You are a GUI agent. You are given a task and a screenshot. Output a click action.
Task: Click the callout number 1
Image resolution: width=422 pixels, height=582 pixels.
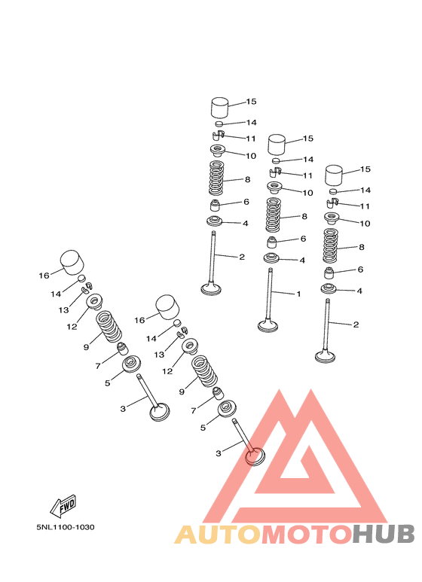coord(298,294)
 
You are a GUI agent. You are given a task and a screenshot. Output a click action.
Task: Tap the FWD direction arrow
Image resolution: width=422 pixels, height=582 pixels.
coord(63,506)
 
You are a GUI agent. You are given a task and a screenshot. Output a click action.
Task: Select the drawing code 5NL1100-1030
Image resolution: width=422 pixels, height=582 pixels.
coord(66,527)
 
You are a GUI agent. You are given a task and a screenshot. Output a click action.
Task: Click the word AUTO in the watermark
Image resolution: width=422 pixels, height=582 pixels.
coord(218,535)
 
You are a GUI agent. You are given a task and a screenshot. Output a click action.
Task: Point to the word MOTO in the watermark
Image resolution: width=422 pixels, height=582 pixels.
coord(307,535)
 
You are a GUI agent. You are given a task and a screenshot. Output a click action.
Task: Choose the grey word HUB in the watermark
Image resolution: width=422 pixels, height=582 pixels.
coord(384,535)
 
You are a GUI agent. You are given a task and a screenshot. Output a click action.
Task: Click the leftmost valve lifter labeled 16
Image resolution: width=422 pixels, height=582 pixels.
coord(72,263)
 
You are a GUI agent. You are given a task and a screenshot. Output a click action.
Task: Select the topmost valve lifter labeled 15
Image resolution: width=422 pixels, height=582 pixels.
coord(219,107)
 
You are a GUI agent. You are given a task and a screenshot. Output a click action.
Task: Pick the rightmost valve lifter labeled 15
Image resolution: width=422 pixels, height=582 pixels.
coord(334,175)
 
